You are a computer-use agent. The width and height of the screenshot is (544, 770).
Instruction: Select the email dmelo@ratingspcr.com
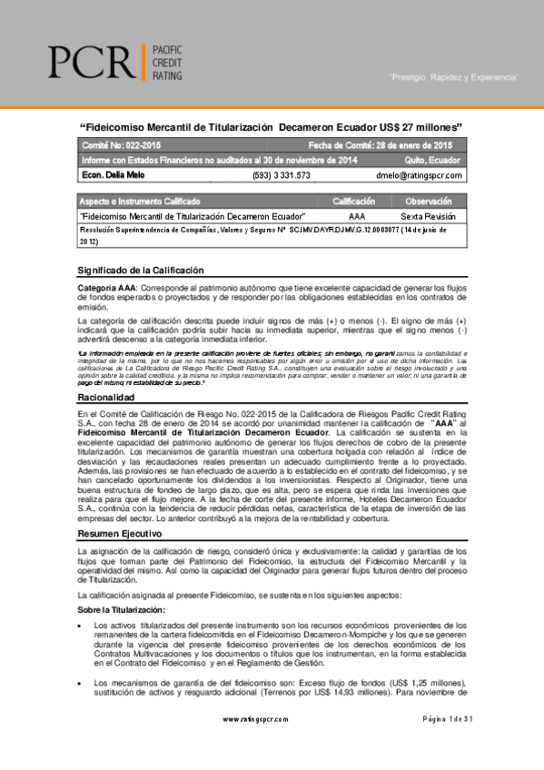419,175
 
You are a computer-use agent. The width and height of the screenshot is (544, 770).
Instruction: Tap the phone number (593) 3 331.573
281,175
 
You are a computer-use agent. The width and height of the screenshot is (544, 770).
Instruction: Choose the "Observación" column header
429,201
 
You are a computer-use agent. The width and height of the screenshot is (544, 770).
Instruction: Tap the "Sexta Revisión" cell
430,217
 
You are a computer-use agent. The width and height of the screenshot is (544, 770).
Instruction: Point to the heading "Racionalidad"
108,398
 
